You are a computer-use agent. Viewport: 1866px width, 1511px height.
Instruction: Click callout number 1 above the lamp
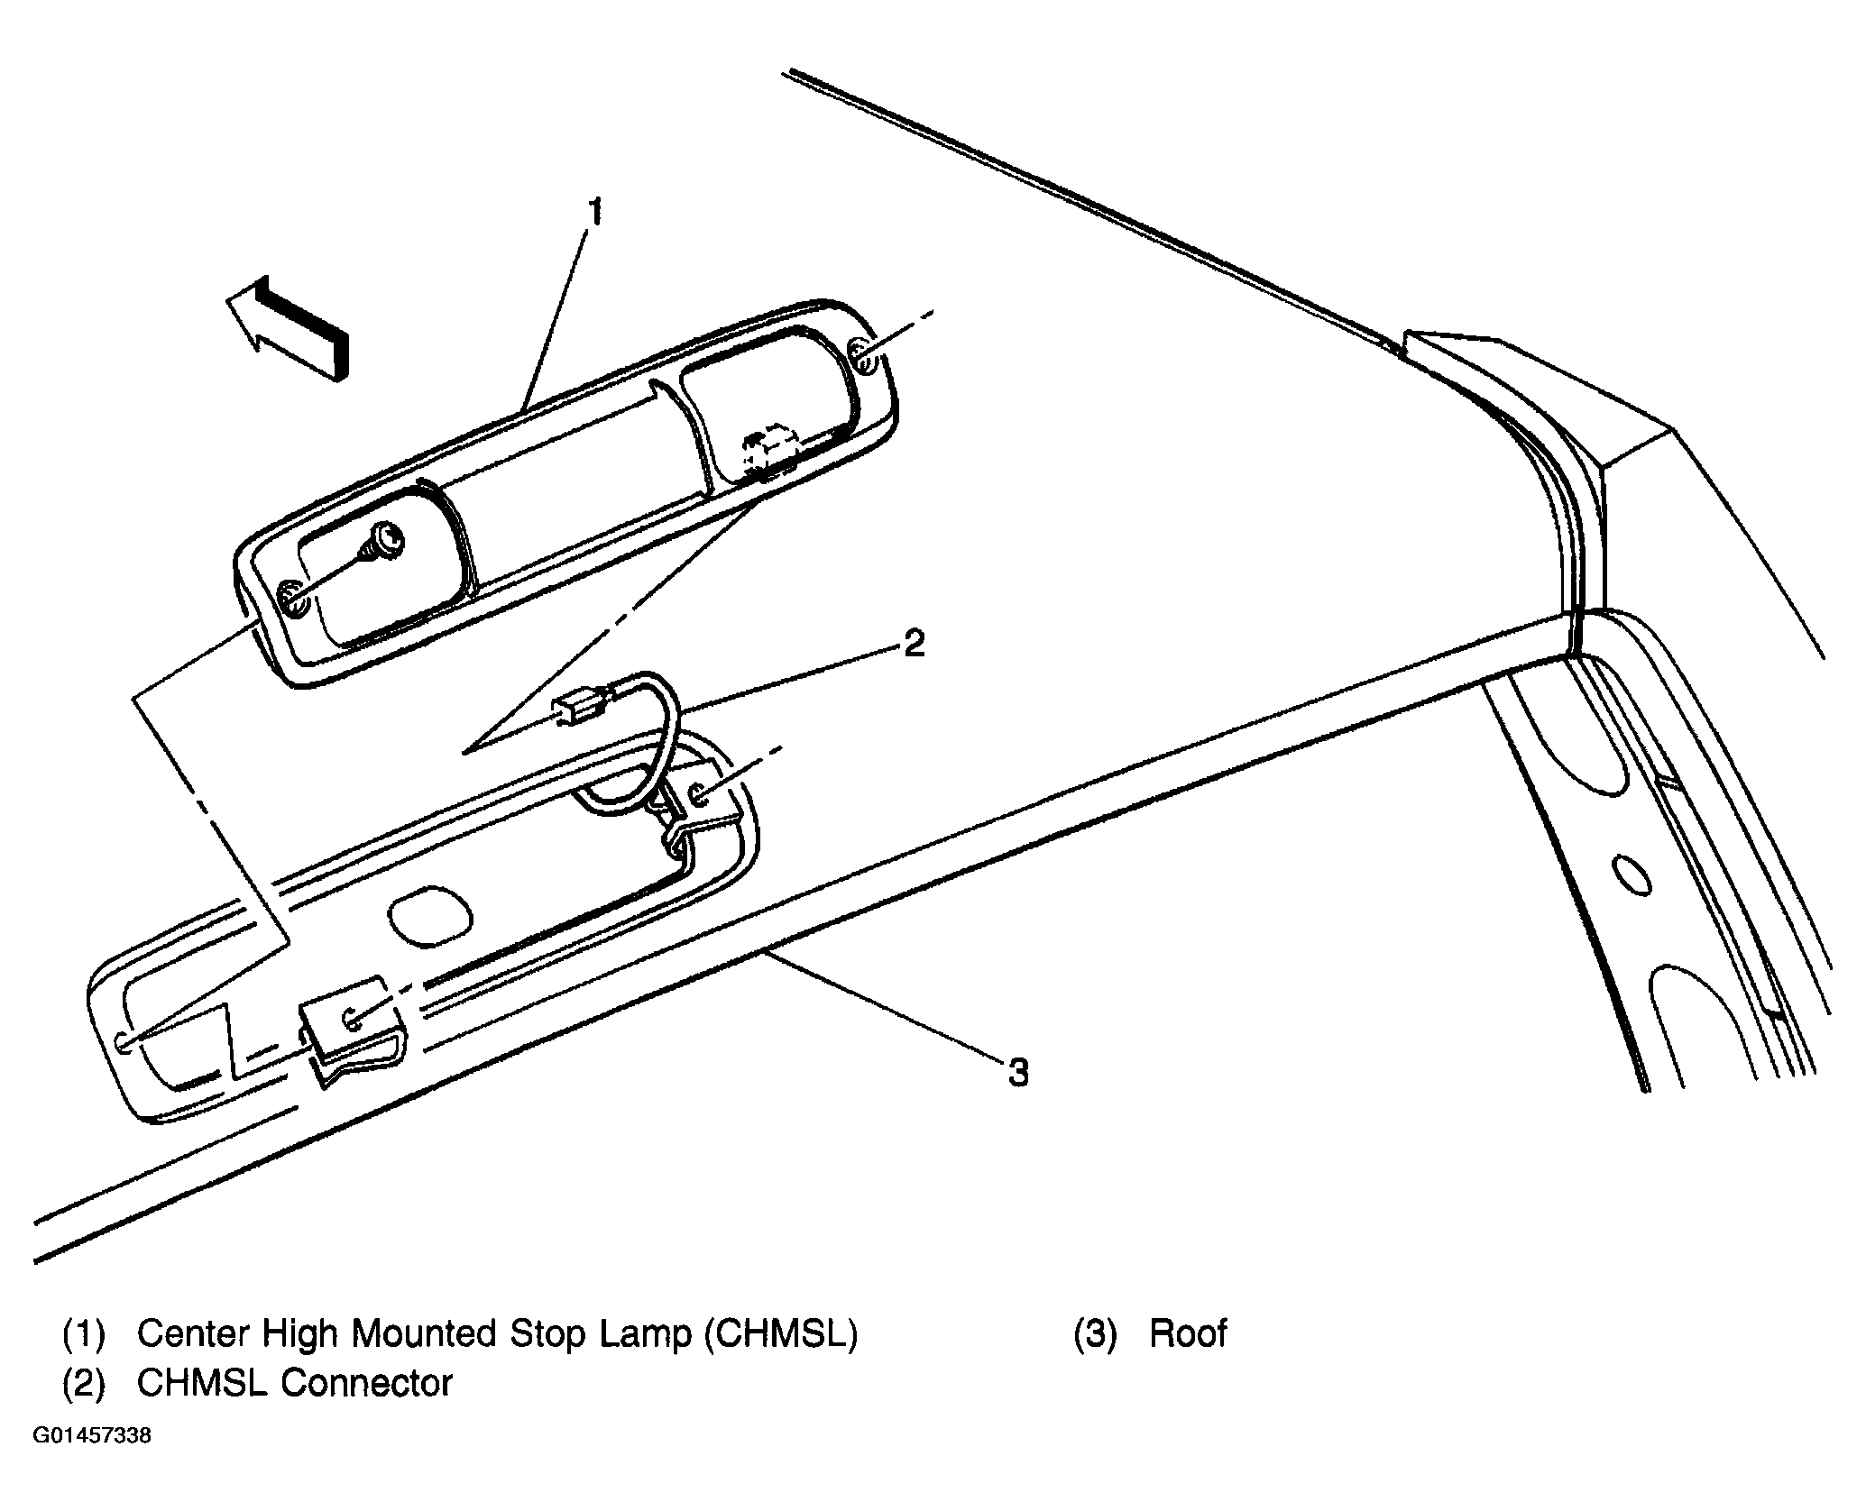click(x=594, y=215)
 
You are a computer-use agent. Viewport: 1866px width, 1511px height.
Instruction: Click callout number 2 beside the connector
click(x=914, y=644)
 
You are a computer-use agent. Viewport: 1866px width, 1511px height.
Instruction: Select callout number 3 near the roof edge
click(x=1017, y=1073)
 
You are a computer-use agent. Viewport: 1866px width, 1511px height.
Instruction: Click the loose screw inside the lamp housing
click(x=389, y=542)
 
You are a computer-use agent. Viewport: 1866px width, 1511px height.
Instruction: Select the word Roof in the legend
click(x=1188, y=1333)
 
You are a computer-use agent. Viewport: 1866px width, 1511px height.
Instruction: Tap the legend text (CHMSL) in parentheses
click(x=782, y=1333)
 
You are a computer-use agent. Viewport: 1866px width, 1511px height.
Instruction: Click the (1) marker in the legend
click(x=84, y=1333)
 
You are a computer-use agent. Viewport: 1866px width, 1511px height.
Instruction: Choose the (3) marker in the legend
click(x=1095, y=1333)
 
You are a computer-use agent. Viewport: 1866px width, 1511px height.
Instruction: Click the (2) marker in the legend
click(x=84, y=1382)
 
